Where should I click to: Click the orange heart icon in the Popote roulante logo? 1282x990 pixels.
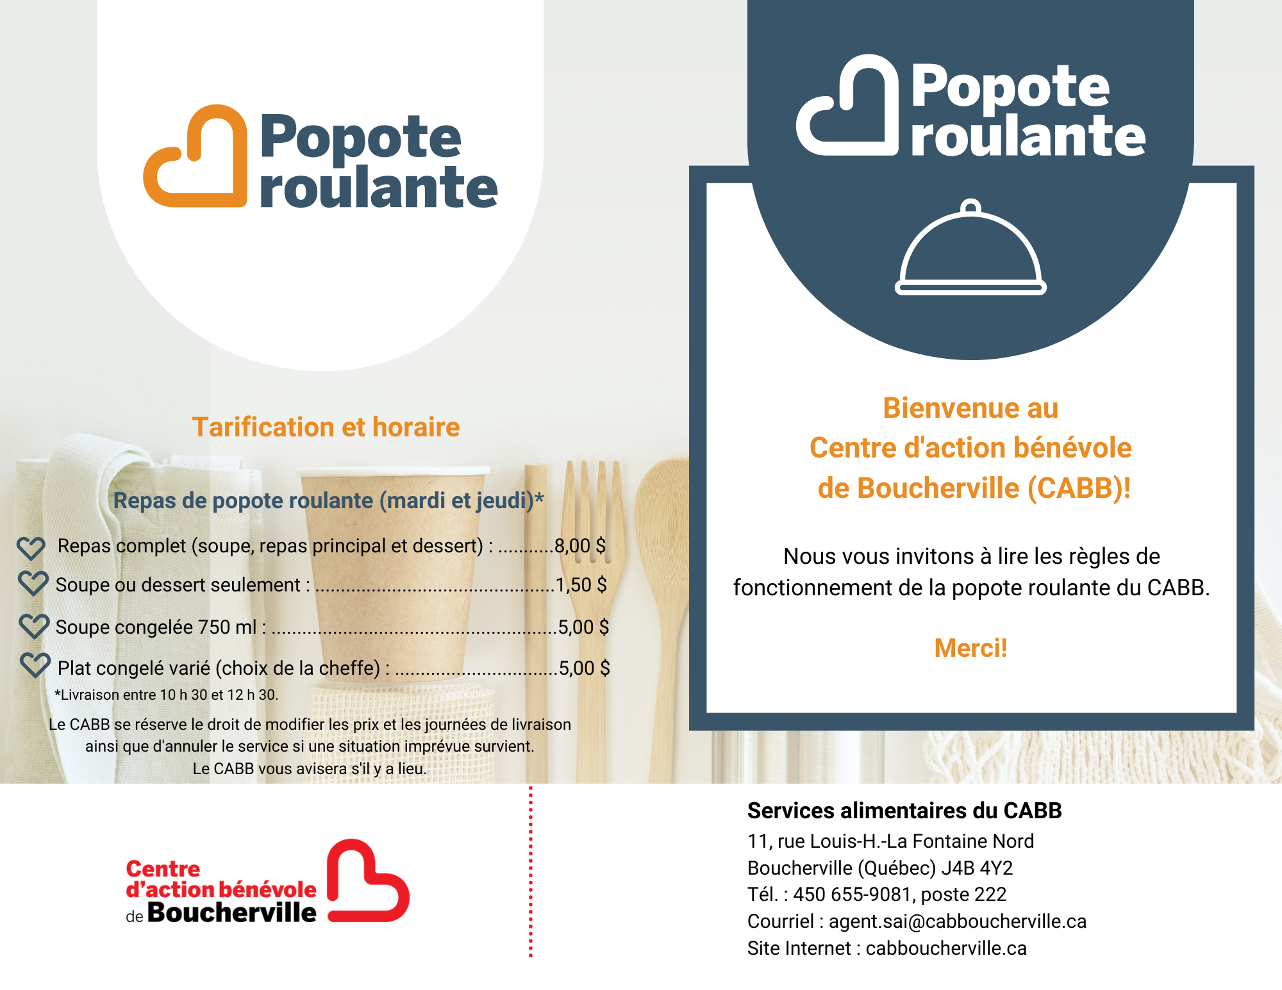point(196,157)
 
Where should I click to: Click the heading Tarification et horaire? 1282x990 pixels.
point(326,427)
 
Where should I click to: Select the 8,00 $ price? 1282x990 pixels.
point(579,546)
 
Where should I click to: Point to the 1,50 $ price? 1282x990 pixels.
point(581,585)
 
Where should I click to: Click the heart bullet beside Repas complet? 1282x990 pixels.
point(31,548)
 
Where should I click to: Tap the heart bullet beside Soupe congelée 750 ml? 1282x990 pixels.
point(34,626)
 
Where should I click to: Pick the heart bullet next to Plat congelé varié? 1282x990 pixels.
point(35,665)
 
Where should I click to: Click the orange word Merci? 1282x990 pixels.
point(970,648)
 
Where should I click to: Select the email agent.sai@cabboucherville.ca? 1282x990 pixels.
point(958,921)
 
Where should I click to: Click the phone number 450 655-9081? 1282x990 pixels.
point(852,895)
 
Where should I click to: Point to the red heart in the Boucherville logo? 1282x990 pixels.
point(367,882)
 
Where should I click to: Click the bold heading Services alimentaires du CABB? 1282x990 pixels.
point(904,811)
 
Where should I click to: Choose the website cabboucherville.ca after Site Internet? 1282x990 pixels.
point(946,948)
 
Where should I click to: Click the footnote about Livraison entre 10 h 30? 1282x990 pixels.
point(167,695)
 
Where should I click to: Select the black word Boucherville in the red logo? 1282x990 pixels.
point(231,913)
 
